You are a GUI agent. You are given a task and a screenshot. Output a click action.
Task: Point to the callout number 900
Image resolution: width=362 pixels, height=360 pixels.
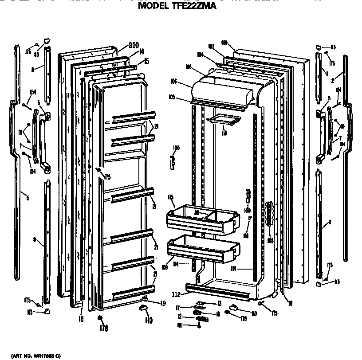(x=134, y=45)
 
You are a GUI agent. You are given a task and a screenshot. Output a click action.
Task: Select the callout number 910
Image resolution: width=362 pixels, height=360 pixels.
(x=224, y=43)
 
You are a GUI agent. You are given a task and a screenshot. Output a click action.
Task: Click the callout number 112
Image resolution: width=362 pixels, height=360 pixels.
(x=177, y=293)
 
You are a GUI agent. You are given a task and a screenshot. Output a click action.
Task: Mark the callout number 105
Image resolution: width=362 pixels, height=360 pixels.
(x=184, y=97)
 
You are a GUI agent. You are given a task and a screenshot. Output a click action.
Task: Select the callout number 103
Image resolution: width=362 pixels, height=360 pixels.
(x=211, y=46)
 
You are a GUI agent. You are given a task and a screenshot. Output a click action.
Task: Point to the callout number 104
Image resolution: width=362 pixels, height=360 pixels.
(x=201, y=55)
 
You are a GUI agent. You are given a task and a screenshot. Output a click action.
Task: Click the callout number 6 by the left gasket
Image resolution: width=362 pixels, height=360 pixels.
(x=28, y=198)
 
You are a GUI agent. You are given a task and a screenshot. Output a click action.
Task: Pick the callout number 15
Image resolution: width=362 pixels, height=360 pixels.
(x=147, y=61)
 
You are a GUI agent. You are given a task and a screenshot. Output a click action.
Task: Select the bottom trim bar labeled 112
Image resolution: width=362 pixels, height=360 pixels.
(x=222, y=290)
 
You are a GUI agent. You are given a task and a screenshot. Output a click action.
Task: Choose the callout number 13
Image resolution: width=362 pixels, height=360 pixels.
(x=219, y=303)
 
